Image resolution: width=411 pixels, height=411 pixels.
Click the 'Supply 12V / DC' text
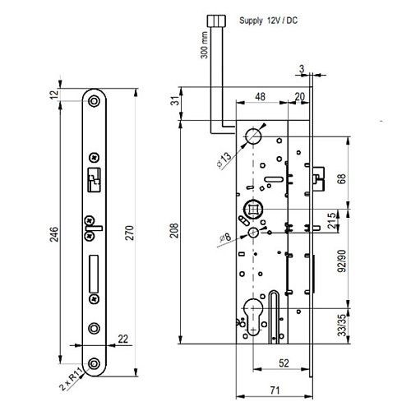pyautogui.click(x=268, y=21)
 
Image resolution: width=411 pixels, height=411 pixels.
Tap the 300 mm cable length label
pyautogui.click(x=205, y=45)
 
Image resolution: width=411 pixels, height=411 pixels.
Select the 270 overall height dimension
pyautogui.click(x=129, y=233)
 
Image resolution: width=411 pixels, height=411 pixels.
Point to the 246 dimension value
pyautogui.click(x=55, y=234)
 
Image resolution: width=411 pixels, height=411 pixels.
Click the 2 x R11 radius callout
pyautogui.click(x=72, y=380)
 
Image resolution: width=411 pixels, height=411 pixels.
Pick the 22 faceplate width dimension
pyautogui.click(x=123, y=339)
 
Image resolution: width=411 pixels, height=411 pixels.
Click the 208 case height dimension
pyautogui.click(x=174, y=230)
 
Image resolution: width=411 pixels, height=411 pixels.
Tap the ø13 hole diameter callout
pyautogui.click(x=224, y=161)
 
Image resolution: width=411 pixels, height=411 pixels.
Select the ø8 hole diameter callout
pyautogui.click(x=225, y=238)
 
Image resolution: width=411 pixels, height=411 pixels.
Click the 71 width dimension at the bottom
pyautogui.click(x=275, y=390)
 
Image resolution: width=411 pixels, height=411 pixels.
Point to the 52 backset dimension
pyautogui.click(x=284, y=363)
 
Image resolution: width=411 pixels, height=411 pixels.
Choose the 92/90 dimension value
pyautogui.click(x=342, y=261)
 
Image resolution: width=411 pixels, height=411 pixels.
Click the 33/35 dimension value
pyautogui.click(x=342, y=326)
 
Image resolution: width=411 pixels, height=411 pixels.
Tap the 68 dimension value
pyautogui.click(x=343, y=178)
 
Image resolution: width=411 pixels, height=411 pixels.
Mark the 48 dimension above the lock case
pyautogui.click(x=260, y=97)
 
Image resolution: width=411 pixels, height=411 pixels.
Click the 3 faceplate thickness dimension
pyautogui.click(x=302, y=69)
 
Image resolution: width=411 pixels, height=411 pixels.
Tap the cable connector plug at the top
pyautogui.click(x=216, y=21)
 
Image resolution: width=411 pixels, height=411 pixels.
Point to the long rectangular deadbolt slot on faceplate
pyautogui.click(x=94, y=274)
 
